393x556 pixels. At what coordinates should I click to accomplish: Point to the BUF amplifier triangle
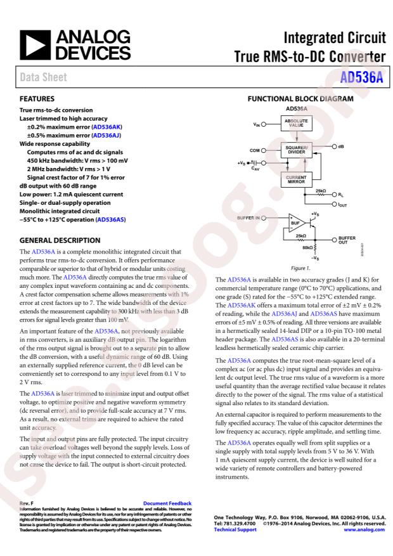coord(294,223)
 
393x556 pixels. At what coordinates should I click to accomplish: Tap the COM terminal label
coord(255,150)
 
